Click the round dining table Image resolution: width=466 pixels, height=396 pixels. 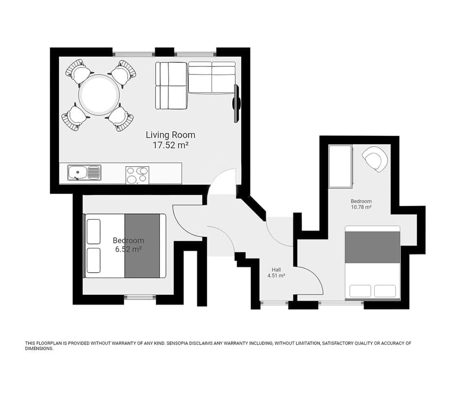click(99, 95)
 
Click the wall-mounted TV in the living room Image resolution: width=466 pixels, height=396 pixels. click(236, 103)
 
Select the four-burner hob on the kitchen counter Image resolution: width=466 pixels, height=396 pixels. click(137, 175)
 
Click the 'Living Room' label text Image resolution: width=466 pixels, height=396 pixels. click(170, 135)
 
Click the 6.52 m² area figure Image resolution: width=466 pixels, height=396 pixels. click(128, 249)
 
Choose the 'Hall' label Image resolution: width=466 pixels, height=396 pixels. click(276, 269)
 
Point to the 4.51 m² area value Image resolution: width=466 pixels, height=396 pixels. click(276, 276)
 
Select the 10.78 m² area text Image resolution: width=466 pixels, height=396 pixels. click(361, 207)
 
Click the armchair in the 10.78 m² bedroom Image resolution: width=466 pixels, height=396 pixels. click(375, 159)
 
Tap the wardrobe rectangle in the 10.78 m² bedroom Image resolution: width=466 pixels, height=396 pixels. click(340, 166)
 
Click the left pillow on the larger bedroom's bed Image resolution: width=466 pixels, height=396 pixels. click(360, 291)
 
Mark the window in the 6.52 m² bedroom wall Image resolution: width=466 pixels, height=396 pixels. click(140, 297)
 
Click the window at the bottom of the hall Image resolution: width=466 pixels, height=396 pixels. click(274, 304)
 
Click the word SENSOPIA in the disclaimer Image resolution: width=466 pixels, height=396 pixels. click(182, 343)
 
